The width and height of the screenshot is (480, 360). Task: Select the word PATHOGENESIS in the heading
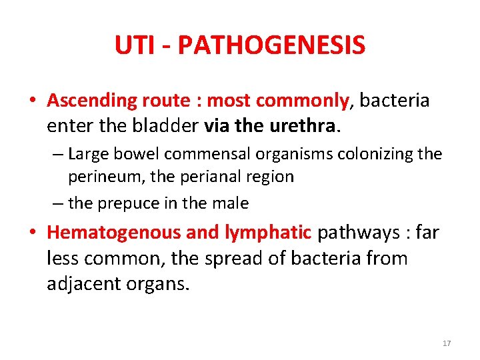click(x=271, y=45)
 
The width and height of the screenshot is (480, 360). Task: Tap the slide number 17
click(x=447, y=343)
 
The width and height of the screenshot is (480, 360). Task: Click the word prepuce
click(x=129, y=203)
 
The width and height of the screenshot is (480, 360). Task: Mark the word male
click(x=230, y=203)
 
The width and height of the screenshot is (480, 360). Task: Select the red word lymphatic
click(x=274, y=233)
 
